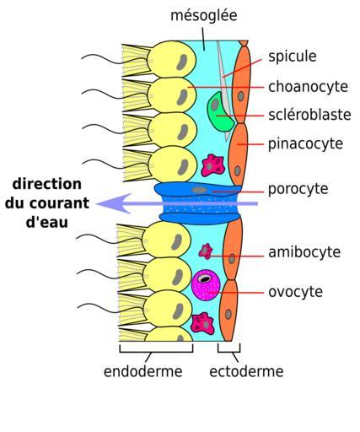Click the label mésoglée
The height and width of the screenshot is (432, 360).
tap(204, 15)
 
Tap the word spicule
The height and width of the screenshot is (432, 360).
tap(293, 57)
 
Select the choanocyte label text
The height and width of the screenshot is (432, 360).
tap(308, 87)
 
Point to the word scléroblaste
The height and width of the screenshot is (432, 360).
tap(309, 115)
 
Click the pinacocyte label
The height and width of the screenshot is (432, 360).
tap(305, 144)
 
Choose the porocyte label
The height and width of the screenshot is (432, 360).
tap(298, 189)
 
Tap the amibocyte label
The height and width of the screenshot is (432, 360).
tap(304, 252)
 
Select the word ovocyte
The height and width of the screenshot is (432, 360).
tap(295, 292)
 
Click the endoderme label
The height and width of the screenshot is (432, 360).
tap(143, 371)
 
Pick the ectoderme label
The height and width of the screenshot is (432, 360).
tap(246, 371)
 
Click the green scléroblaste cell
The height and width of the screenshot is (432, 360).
tap(220, 112)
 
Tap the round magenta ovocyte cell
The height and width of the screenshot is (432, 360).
tap(206, 285)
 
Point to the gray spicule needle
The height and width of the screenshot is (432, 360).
tap(224, 90)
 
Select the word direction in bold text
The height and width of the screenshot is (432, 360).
tap(47, 184)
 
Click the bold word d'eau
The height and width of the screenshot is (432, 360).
tap(47, 222)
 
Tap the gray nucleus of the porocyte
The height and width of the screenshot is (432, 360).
tap(199, 190)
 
